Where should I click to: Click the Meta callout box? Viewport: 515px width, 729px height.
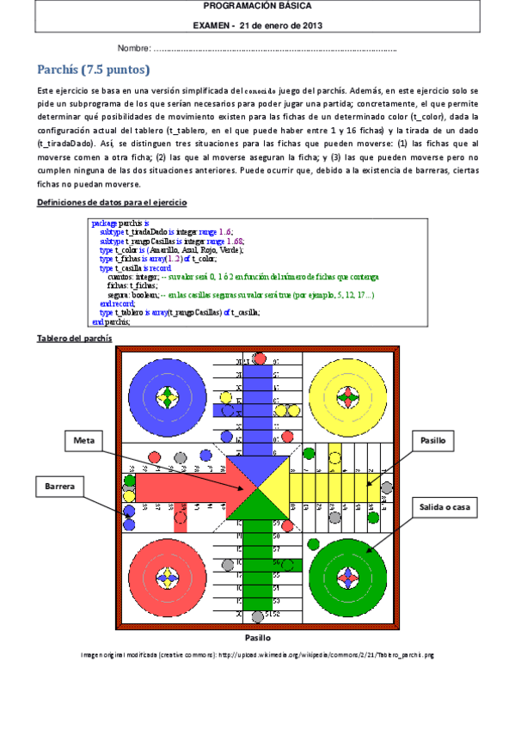pos(84,441)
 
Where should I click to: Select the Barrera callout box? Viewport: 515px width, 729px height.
pos(59,487)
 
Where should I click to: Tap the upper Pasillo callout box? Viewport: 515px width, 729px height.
pos(432,440)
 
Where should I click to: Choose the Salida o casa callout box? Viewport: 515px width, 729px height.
pos(444,507)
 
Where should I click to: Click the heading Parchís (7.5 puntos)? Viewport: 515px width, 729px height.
pos(94,70)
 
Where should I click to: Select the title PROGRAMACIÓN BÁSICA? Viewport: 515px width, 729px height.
pos(257,7)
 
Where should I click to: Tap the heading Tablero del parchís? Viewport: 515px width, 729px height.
pos(72,339)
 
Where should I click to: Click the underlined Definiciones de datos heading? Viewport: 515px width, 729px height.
pos(113,201)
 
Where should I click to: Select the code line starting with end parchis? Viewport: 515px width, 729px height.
pos(110,322)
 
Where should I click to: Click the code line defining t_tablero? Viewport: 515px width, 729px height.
pos(179,313)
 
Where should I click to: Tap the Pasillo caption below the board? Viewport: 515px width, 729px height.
pos(257,638)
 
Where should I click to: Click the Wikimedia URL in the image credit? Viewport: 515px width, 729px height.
pos(326,654)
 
